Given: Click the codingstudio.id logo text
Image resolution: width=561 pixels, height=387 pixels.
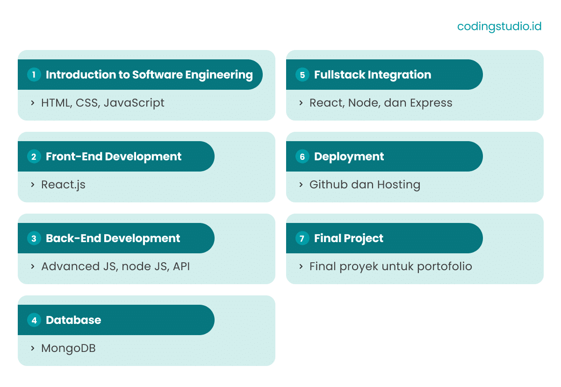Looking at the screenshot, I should [x=499, y=26].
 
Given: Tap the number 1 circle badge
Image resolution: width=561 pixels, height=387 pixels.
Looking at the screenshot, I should [x=34, y=75].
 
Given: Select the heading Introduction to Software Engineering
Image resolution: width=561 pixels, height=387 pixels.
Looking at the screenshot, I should [x=149, y=75].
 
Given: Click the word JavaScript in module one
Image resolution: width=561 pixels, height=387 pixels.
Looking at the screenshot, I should [x=134, y=103].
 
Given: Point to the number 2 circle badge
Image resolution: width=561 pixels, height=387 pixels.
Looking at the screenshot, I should [x=34, y=157].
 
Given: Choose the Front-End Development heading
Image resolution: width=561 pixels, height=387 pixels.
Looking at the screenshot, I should [x=114, y=157].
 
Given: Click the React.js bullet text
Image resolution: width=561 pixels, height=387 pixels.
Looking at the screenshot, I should [x=63, y=185].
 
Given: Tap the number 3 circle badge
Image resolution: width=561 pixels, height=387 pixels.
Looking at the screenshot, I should [x=34, y=238].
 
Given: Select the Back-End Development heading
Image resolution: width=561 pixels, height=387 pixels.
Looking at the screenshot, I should [x=113, y=238].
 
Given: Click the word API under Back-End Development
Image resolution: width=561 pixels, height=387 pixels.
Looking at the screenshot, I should [x=181, y=266].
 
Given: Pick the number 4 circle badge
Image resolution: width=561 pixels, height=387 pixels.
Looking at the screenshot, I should [x=34, y=320].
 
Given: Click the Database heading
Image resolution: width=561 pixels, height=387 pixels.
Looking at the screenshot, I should [x=73, y=320].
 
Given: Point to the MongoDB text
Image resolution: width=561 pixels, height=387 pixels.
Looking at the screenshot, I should [x=68, y=348].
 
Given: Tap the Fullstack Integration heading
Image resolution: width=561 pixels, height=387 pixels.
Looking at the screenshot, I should [x=373, y=75].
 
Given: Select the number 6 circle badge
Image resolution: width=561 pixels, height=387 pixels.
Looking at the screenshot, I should [x=302, y=157].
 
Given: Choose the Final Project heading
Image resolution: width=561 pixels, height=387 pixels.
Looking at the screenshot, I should [x=349, y=238].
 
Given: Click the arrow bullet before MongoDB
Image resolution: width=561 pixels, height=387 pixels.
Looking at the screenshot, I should [x=33, y=348].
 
